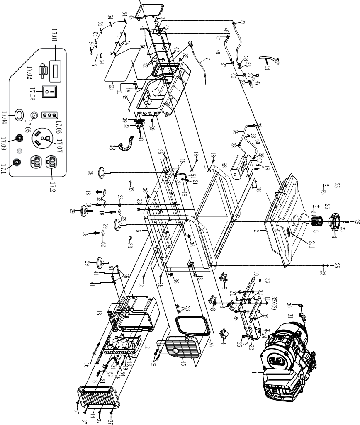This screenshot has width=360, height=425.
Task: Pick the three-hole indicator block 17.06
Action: tap(49, 116)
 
